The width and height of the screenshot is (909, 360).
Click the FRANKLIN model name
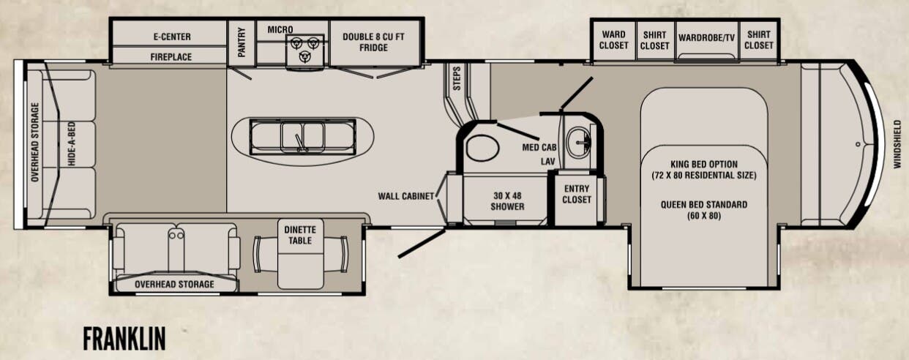124,339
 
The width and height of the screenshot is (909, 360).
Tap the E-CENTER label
172,37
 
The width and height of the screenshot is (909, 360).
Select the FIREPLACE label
171,57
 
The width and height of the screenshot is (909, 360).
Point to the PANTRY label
242,42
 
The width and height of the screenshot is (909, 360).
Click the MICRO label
280,29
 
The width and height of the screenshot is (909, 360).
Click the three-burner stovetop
305,50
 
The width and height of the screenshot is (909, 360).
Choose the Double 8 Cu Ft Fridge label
373,42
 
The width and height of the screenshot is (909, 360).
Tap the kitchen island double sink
303,137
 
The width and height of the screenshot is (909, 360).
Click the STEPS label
457,78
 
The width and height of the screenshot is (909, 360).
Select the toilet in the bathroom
482,148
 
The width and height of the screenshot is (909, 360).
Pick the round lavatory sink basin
579,142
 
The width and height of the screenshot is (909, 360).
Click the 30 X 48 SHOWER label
507,201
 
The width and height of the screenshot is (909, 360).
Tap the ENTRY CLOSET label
577,195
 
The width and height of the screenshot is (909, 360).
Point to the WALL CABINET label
405,196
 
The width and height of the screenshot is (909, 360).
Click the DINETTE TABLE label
300,236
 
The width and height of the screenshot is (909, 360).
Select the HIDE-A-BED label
72,143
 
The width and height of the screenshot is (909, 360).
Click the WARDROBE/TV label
706,38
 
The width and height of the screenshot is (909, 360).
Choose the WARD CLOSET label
613,40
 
